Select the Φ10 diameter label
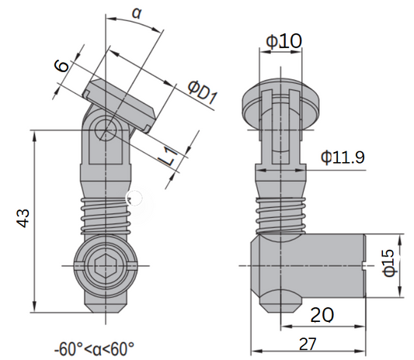click(x=280, y=40)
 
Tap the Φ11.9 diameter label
click(x=343, y=157)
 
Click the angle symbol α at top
click(x=137, y=12)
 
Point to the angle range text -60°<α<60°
click(x=95, y=347)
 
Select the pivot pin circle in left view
click(x=105, y=133)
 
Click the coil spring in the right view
click(x=279, y=215)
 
